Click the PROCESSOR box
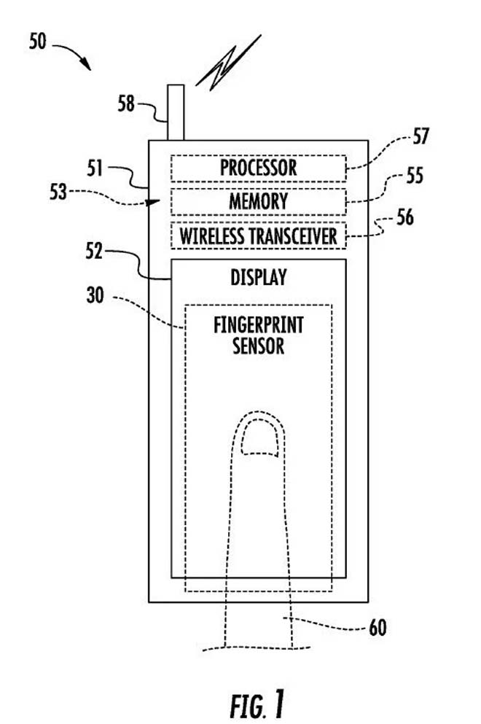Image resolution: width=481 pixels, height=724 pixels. point(258,168)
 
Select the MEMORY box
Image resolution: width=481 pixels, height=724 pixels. point(258,201)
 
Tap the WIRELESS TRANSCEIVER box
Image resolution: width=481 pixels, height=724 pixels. point(258,236)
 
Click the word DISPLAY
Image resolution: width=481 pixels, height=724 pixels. point(258,277)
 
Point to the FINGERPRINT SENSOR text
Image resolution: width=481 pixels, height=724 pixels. point(258,334)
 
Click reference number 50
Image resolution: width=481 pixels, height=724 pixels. point(38,42)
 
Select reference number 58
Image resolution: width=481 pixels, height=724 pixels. point(127,104)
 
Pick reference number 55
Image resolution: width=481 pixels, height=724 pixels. point(413,176)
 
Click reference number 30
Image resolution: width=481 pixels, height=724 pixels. point(95,296)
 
